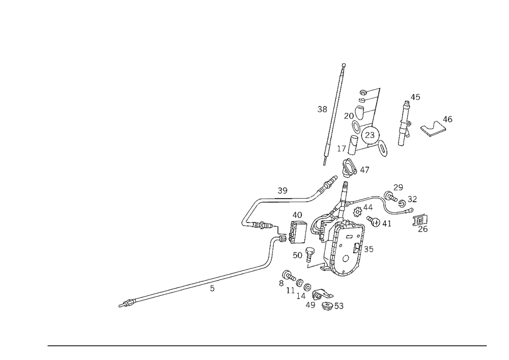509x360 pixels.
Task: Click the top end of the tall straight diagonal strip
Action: (344, 65)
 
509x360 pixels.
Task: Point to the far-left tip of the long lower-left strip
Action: (121, 305)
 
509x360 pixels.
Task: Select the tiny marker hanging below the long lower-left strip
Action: (213, 290)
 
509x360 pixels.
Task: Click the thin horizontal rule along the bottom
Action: (267, 345)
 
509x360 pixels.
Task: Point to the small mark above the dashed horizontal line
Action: (280, 191)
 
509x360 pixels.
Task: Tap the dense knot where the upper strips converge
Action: (349, 168)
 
